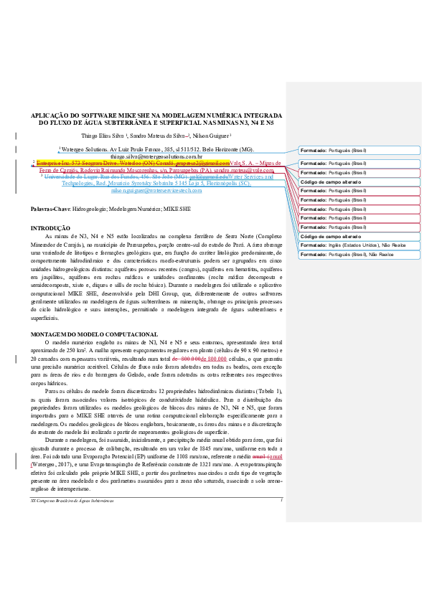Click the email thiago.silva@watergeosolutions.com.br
pyautogui.click(x=156, y=156)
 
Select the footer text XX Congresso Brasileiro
pyautogui.click(x=61, y=478)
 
